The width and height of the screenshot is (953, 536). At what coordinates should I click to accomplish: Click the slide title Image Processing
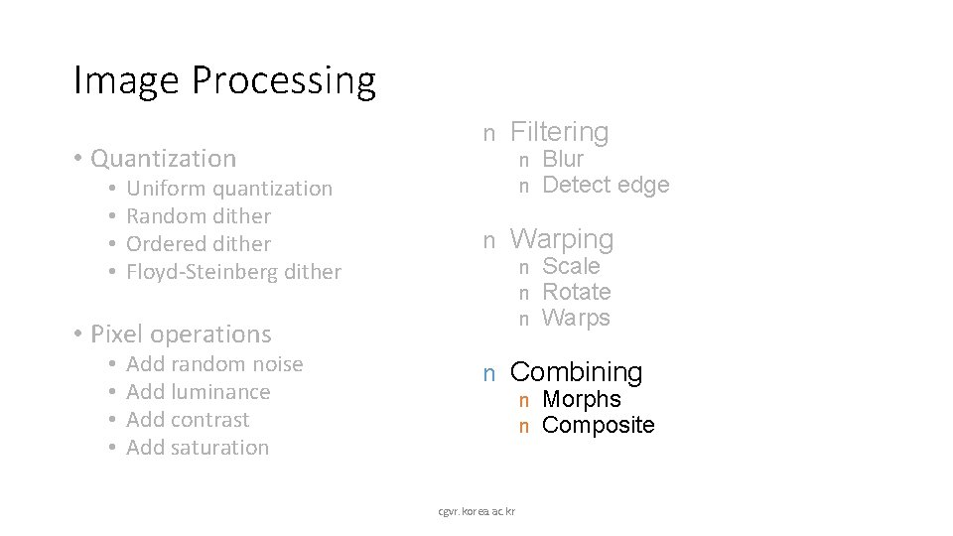[224, 81]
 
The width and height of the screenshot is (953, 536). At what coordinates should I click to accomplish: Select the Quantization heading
[163, 159]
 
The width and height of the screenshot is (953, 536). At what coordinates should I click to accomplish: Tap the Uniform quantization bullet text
[229, 189]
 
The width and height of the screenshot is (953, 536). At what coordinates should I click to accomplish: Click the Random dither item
[199, 216]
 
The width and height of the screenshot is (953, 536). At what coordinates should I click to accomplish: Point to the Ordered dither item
[199, 244]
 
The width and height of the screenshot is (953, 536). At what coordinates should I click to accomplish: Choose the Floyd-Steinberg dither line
[233, 272]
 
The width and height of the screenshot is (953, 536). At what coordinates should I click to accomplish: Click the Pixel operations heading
[180, 335]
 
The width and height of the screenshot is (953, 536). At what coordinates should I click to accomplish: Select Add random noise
[214, 364]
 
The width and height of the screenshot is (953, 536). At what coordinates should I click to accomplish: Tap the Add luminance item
[199, 392]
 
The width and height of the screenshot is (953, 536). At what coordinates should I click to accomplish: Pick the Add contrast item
[188, 420]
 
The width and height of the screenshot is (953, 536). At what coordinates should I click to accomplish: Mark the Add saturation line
[198, 448]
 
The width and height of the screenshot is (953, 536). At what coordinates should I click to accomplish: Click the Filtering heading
[559, 132]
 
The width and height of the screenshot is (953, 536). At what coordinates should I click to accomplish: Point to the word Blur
[563, 159]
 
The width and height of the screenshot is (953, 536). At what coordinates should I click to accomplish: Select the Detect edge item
[606, 185]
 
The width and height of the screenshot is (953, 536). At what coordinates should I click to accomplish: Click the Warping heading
[562, 239]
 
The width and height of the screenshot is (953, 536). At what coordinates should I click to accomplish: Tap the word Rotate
[576, 292]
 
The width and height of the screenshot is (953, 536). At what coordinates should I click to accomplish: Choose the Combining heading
[576, 372]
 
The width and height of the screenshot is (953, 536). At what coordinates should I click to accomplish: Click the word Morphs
[582, 399]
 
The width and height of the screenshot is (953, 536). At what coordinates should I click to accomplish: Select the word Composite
[599, 425]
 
